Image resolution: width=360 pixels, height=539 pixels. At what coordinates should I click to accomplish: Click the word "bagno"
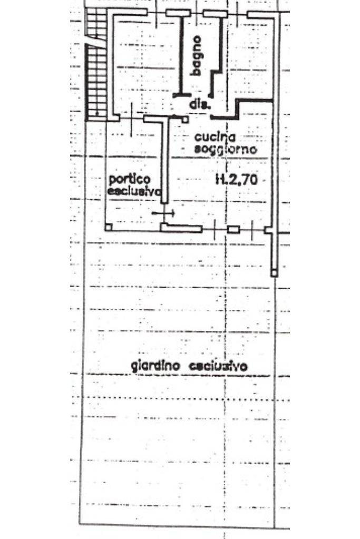point(196,55)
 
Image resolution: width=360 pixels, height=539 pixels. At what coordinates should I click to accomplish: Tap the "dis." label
point(199,104)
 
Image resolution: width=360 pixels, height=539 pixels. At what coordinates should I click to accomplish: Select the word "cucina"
point(215,137)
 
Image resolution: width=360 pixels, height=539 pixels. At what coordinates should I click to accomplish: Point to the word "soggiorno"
point(226,149)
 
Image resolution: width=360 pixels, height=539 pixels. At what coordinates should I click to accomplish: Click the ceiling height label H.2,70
point(237,179)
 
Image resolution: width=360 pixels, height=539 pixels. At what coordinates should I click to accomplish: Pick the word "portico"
point(130,180)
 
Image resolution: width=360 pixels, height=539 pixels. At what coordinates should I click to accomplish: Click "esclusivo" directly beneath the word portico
point(134,191)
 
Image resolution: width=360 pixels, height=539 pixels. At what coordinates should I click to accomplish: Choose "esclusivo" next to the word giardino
point(218,366)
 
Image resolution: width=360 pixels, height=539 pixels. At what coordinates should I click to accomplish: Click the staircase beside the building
point(96,64)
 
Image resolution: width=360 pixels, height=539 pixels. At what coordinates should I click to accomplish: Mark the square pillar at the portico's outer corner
point(108,227)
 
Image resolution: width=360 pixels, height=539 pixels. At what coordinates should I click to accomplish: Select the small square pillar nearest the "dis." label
point(185,120)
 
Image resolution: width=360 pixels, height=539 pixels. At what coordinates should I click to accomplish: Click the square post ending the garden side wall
point(274,273)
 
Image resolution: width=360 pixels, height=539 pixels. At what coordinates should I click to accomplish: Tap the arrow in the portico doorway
point(163,213)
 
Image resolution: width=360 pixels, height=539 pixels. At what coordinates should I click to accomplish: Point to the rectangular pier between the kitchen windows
point(233,229)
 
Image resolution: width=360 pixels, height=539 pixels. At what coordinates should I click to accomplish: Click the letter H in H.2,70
point(219,179)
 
